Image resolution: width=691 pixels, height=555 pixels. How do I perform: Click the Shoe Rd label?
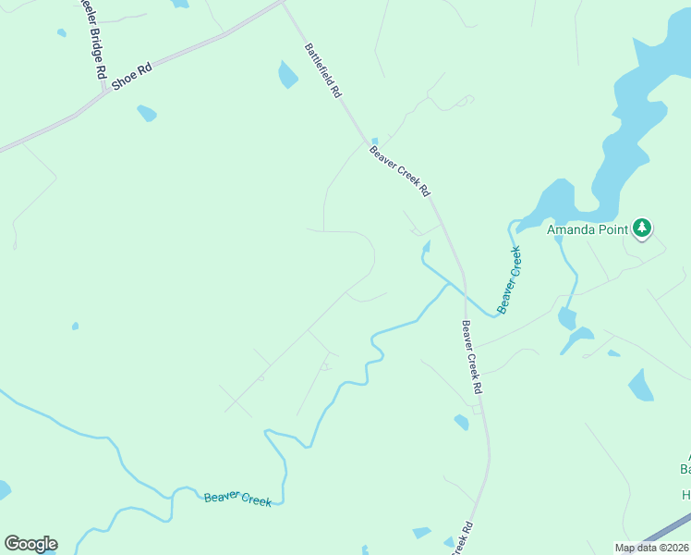[130, 77]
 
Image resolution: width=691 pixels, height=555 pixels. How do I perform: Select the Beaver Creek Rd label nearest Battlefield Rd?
[400, 170]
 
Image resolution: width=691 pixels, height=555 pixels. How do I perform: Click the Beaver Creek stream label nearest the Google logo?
[237, 499]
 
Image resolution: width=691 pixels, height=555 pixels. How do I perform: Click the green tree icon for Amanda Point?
[642, 228]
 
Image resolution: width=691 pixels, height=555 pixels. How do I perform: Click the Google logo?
[30, 544]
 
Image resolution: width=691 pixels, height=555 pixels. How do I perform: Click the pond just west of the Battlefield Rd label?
[288, 74]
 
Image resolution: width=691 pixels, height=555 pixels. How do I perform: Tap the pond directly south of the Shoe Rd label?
[146, 114]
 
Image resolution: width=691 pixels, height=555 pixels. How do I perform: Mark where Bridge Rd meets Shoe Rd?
[103, 91]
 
